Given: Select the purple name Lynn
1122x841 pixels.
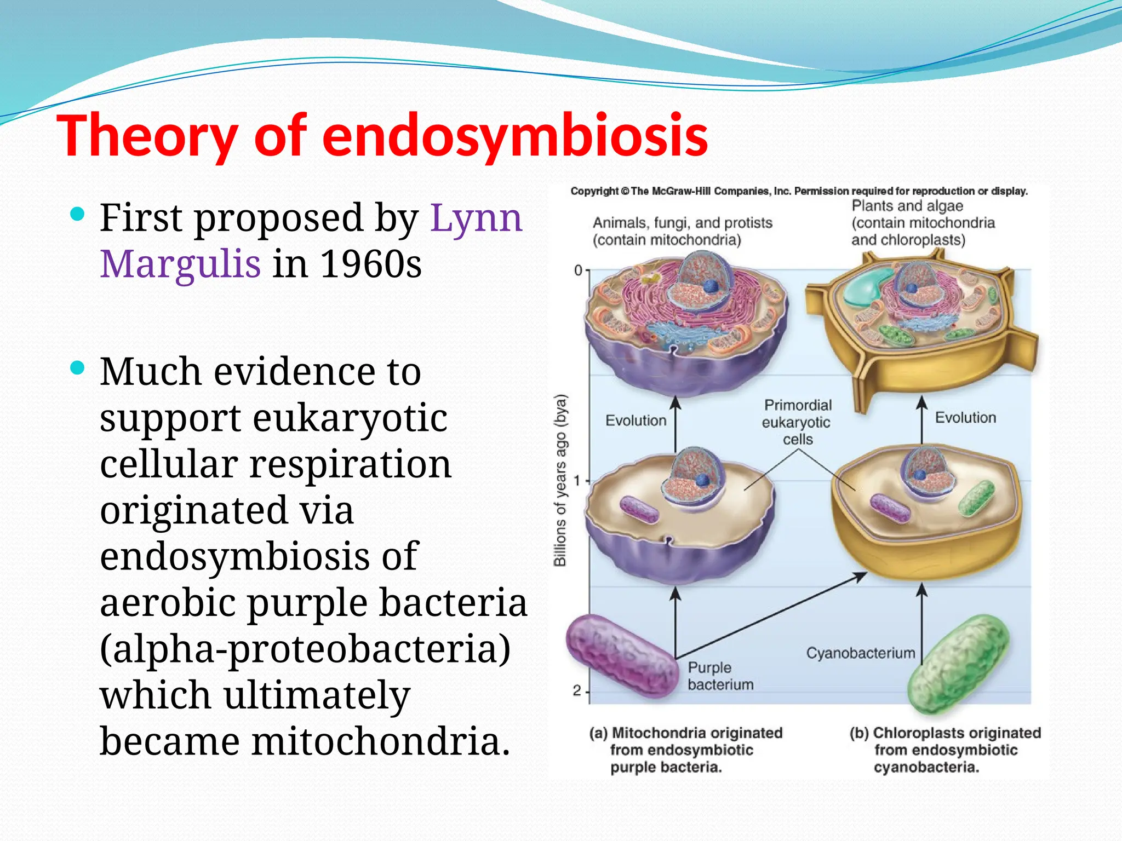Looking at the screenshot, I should pyautogui.click(x=476, y=218).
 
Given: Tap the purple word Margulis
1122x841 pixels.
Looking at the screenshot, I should pyautogui.click(x=180, y=264).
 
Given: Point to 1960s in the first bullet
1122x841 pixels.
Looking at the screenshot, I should pyautogui.click(x=370, y=264).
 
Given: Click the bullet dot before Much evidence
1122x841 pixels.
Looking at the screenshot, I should pyautogui.click(x=78, y=368).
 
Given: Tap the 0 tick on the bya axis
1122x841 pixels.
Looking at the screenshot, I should pyautogui.click(x=579, y=270).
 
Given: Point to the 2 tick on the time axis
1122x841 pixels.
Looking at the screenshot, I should pyautogui.click(x=577, y=691).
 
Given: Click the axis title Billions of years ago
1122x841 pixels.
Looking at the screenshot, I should pyautogui.click(x=560, y=480).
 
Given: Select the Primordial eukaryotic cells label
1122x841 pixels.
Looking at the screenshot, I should pyautogui.click(x=797, y=422).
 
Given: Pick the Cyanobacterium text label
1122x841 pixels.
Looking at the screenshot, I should pyautogui.click(x=860, y=653).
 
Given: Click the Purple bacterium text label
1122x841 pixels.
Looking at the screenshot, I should pyautogui.click(x=720, y=676).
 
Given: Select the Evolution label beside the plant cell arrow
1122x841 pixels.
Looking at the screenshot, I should pyautogui.click(x=965, y=417).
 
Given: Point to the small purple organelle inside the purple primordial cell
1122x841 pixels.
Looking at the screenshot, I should pyautogui.click(x=638, y=509).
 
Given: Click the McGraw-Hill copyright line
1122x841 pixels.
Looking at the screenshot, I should pyautogui.click(x=799, y=191).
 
